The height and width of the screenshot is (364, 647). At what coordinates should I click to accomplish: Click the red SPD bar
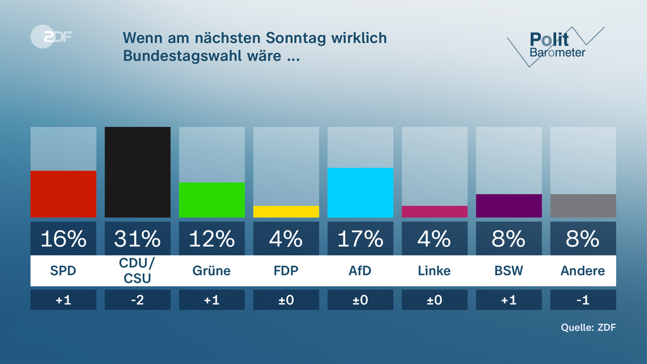[63, 194]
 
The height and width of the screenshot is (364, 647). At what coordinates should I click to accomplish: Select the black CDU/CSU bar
[137, 172]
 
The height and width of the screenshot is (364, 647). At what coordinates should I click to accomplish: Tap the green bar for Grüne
[212, 200]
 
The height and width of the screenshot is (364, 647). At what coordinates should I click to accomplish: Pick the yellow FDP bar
[286, 212]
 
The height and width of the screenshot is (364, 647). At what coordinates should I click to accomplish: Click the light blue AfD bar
[360, 192]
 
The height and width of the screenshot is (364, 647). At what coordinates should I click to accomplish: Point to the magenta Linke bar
[434, 212]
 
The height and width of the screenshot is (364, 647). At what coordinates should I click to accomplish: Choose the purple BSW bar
[509, 206]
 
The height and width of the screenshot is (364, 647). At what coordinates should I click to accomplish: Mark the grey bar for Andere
[583, 206]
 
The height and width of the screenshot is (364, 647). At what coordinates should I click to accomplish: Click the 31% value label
[137, 239]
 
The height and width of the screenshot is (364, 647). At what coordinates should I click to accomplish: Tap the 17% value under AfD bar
[360, 239]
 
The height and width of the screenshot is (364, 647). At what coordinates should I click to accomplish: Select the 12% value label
[212, 239]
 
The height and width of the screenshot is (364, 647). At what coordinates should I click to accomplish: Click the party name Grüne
[212, 271]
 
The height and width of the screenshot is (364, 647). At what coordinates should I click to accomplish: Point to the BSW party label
[509, 271]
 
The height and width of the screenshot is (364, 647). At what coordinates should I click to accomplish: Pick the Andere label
[583, 271]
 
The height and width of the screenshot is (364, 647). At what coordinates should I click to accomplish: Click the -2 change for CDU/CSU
[137, 300]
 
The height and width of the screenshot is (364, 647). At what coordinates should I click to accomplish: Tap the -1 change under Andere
[583, 300]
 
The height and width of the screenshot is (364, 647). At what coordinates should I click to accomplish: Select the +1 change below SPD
[63, 300]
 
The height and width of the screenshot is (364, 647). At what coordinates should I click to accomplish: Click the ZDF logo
[51, 36]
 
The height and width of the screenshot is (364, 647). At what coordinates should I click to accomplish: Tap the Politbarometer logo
[556, 45]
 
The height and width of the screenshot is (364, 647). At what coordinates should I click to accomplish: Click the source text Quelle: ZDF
[588, 327]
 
